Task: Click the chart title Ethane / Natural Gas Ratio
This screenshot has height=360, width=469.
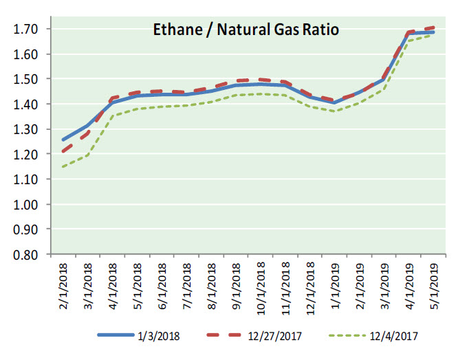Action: [x=246, y=30]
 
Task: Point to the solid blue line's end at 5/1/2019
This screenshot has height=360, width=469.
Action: [x=433, y=32]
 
